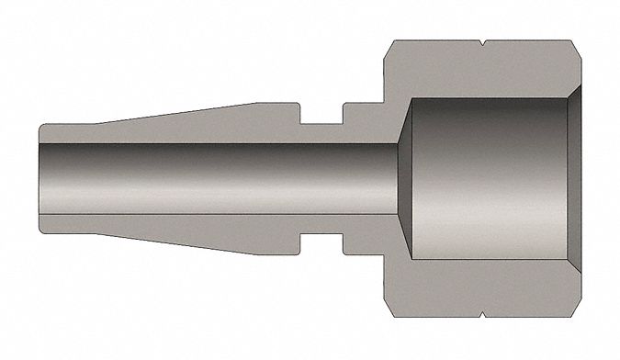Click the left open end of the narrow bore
click(42, 179)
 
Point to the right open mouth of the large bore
click(574, 179)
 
